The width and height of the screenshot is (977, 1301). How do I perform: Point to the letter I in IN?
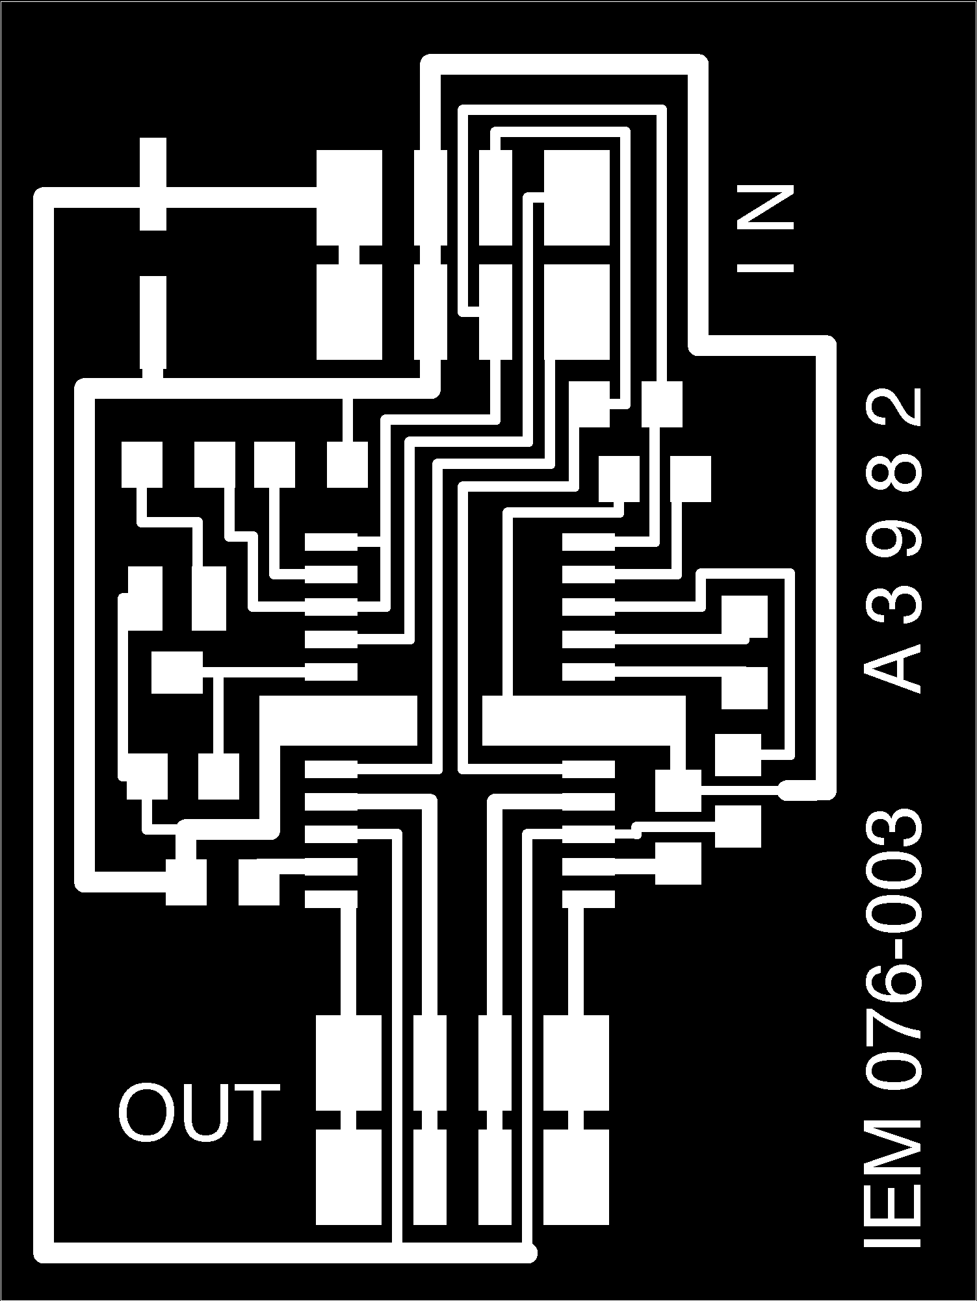(x=765, y=267)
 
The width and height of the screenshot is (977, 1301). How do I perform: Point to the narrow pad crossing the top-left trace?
(x=153, y=184)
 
